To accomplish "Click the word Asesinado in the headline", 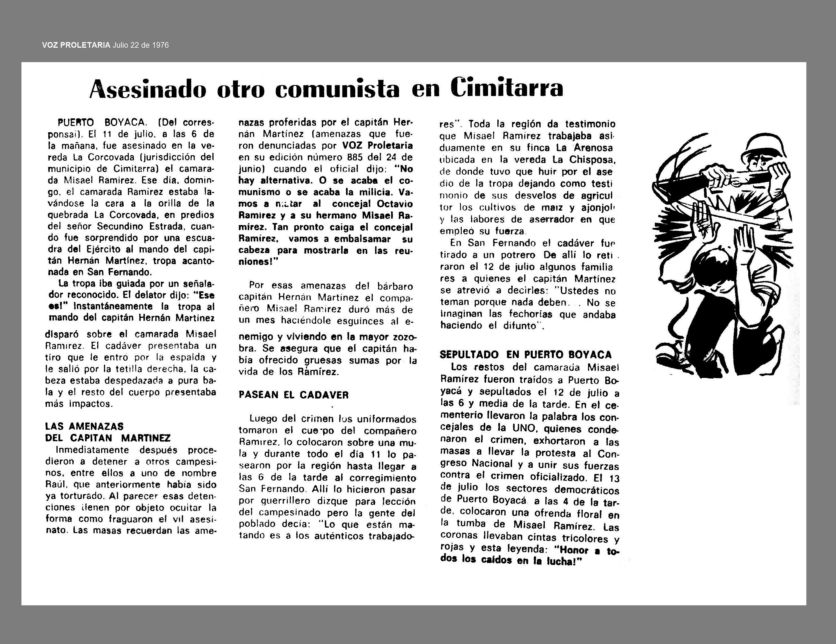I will point(148,89).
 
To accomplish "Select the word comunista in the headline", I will point(337,89).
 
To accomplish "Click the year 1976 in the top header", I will point(160,45).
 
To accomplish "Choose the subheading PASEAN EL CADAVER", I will point(294,395).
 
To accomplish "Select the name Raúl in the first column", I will point(54,485).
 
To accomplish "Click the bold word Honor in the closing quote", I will point(574,550).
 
